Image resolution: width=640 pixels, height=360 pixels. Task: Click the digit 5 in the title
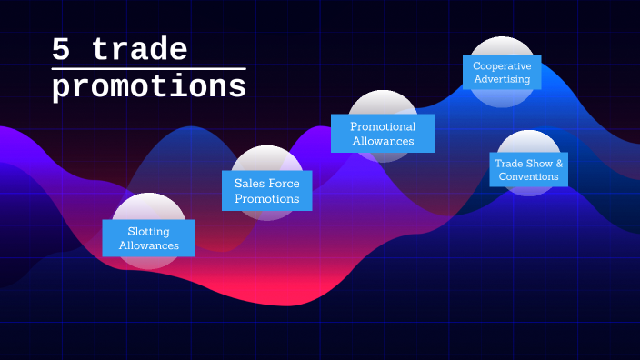[x=62, y=50]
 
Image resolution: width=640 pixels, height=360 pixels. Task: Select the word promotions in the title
[x=149, y=88]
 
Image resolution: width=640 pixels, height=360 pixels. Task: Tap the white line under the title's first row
[x=149, y=68]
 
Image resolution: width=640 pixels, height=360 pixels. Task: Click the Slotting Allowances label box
[x=148, y=238]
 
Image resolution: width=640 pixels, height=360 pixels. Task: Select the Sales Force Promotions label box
[x=266, y=191]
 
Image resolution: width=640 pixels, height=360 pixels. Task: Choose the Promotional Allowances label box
[x=383, y=134]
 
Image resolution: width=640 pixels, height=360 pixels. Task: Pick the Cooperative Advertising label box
[x=502, y=73]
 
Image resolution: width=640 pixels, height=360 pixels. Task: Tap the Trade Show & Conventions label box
[x=529, y=170]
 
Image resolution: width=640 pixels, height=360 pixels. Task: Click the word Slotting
[x=149, y=231]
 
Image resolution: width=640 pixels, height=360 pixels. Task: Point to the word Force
[x=284, y=184]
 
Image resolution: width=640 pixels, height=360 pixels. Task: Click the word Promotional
[x=383, y=126]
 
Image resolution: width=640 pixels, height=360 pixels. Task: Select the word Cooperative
[x=502, y=66]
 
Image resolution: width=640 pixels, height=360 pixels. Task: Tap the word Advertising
[x=502, y=80]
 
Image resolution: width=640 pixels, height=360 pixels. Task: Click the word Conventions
[x=529, y=176]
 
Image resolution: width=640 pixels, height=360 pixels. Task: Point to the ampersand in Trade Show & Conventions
[x=559, y=164]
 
